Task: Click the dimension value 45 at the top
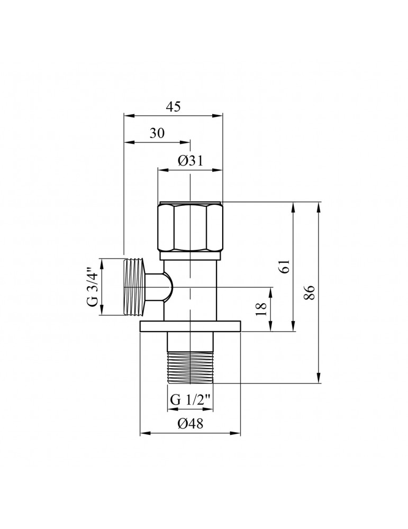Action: (173, 106)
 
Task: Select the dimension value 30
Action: (157, 134)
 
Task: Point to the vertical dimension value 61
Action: (286, 267)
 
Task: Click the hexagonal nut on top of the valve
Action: (191, 226)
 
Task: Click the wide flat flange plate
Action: (191, 326)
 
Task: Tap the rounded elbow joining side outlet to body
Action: (161, 288)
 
